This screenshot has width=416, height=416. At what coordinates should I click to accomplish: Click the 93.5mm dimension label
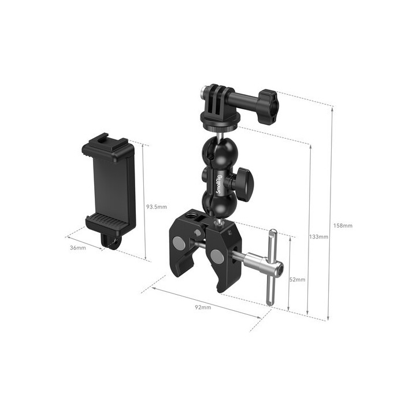(156, 206)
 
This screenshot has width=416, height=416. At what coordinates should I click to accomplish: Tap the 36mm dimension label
(77, 248)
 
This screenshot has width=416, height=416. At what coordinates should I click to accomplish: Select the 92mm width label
(203, 307)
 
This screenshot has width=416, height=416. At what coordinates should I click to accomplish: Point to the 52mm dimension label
(297, 279)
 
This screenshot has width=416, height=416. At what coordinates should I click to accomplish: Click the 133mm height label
(319, 237)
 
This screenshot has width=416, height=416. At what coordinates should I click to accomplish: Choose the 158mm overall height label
(343, 225)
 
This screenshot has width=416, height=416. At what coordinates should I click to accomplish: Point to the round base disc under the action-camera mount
(220, 118)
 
